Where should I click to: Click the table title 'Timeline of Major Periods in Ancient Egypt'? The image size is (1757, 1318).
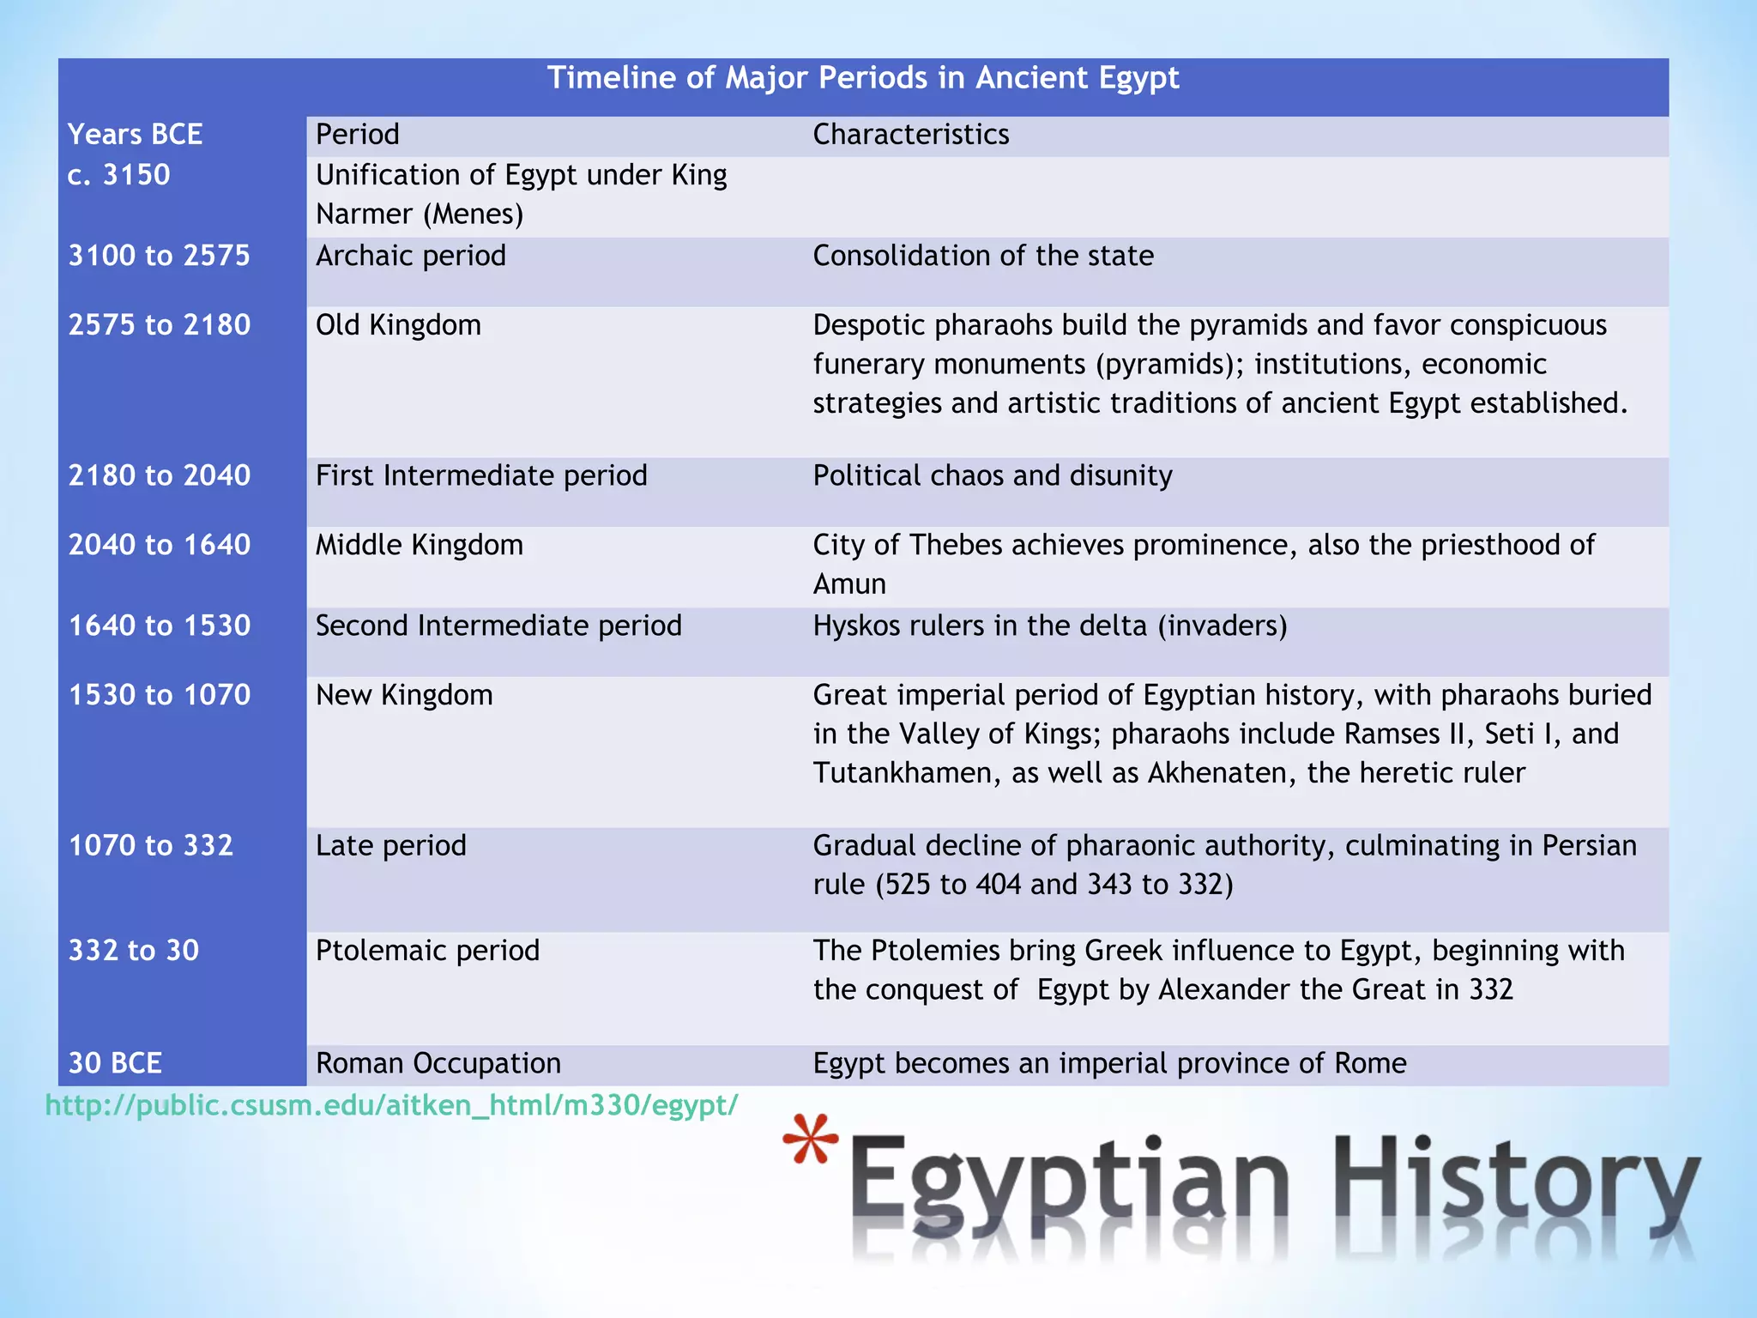pyautogui.click(x=863, y=78)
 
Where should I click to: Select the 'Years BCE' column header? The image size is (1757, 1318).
pyautogui.click(x=135, y=135)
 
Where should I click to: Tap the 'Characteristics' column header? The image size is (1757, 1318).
pyautogui.click(x=910, y=135)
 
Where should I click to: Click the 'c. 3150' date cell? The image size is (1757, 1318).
pyautogui.click(x=118, y=175)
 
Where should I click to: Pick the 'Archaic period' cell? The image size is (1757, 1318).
pyautogui.click(x=410, y=256)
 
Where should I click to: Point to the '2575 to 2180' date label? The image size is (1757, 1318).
pyautogui.click(x=159, y=325)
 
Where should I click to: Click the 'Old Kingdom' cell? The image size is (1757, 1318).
pyautogui.click(x=398, y=325)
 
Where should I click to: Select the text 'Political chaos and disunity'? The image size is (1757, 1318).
pyautogui.click(x=992, y=475)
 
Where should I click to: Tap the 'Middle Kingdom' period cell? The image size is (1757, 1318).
pyautogui.click(x=419, y=545)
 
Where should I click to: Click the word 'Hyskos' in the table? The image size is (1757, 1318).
pyautogui.click(x=855, y=626)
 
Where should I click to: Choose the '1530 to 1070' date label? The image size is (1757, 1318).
pyautogui.click(x=159, y=695)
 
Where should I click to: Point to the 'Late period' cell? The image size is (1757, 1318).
pyautogui.click(x=390, y=846)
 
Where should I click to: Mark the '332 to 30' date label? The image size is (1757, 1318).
pyautogui.click(x=133, y=951)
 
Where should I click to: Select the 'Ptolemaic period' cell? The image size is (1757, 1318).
pyautogui.click(x=427, y=951)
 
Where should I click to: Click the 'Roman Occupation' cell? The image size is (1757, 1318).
pyautogui.click(x=438, y=1063)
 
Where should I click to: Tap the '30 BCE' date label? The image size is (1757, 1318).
pyautogui.click(x=114, y=1063)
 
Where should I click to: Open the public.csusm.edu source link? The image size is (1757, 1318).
pyautogui.click(x=391, y=1105)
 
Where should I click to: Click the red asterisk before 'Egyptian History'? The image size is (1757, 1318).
pyautogui.click(x=810, y=1140)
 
